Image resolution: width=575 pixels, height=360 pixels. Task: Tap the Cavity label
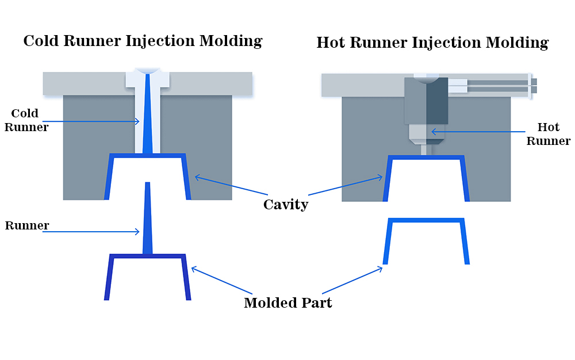pos(286,204)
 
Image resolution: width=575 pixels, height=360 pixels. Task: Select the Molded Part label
pos(287,303)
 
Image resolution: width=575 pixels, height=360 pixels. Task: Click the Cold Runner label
pos(26,120)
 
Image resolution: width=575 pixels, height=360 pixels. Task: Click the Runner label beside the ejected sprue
pos(26,225)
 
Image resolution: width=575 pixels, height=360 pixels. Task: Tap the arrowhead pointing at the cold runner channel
pos(138,121)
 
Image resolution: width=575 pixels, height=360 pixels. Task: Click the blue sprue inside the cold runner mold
pos(148,115)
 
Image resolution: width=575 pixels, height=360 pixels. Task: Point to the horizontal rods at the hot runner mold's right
pos(500,86)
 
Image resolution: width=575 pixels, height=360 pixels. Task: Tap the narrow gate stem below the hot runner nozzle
pos(426,150)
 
